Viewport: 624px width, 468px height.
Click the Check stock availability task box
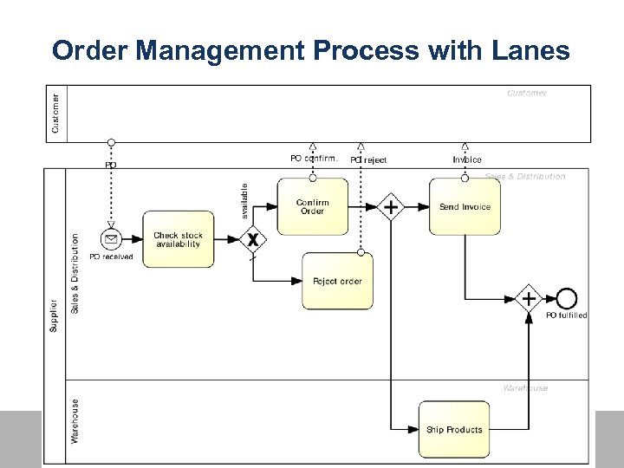(178, 240)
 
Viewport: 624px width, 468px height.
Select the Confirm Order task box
(312, 207)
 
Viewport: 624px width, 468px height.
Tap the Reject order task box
(337, 281)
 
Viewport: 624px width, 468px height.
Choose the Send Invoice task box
(465, 207)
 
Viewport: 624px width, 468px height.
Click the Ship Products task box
(454, 429)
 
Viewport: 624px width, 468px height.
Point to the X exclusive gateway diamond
(252, 240)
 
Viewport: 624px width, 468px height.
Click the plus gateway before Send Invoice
(391, 207)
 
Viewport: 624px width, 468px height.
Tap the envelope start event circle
(111, 240)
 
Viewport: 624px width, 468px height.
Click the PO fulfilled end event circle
(566, 299)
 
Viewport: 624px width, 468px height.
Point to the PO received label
(111, 257)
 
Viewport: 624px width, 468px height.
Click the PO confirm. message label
(313, 159)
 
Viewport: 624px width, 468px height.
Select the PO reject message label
(368, 159)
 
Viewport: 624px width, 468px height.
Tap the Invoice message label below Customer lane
(467, 159)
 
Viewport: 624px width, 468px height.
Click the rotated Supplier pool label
(54, 315)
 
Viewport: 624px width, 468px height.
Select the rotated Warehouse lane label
(75, 421)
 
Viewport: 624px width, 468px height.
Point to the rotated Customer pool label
(56, 114)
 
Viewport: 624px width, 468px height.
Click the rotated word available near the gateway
(244, 199)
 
